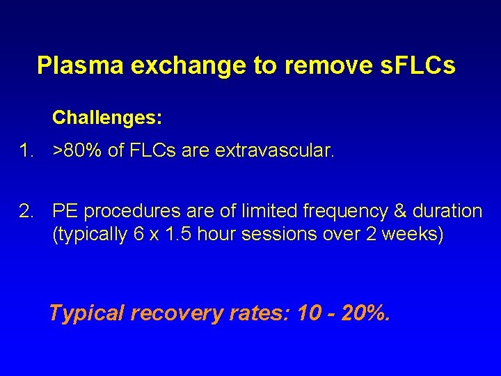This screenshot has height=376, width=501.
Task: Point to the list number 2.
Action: click(26, 211)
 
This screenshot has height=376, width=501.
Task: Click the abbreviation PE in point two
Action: click(65, 211)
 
